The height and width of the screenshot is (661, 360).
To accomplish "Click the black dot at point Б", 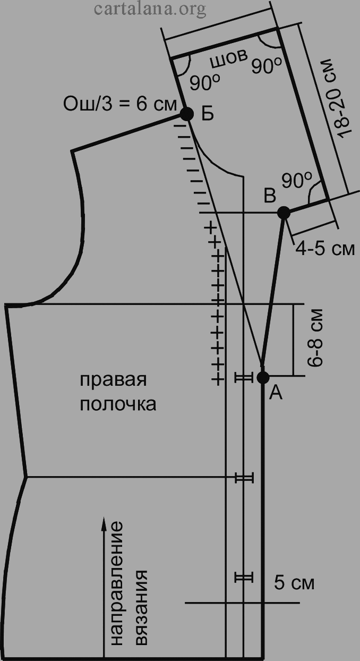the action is [x=186, y=114].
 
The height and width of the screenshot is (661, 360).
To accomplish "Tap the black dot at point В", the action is [x=284, y=213].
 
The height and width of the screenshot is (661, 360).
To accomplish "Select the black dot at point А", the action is [x=263, y=377].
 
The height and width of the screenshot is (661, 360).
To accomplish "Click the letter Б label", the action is [x=208, y=114].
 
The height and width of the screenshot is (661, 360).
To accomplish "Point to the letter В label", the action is [x=270, y=196].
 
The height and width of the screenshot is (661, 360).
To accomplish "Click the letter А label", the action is [x=276, y=393].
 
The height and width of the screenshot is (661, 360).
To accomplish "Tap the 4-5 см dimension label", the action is [x=325, y=249].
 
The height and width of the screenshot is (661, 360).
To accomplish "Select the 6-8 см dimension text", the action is [x=315, y=338].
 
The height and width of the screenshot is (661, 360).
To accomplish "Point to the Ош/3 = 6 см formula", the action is [x=119, y=104].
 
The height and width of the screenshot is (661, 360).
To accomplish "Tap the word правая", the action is [x=113, y=380].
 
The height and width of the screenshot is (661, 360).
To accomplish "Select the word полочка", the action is [x=118, y=404].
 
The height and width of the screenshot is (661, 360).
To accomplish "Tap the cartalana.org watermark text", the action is [x=150, y=9].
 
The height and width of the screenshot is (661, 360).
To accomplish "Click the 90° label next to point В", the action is [x=297, y=180].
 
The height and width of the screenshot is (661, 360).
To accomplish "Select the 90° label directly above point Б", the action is [x=205, y=82].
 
